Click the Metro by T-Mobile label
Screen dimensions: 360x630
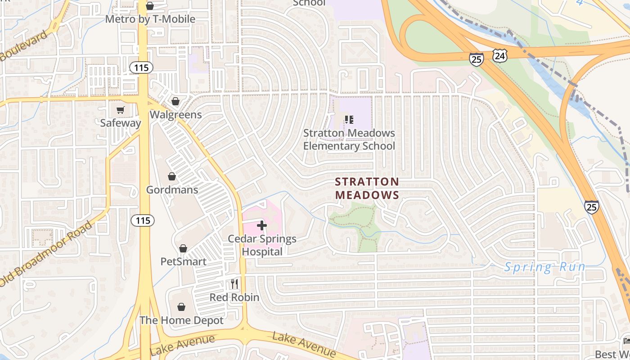tap(150, 19)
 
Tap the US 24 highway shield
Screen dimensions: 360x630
tap(500, 56)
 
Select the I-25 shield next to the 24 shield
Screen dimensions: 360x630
tap(476, 58)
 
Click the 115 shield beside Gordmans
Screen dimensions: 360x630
tap(143, 220)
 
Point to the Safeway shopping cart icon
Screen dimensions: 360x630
tap(120, 110)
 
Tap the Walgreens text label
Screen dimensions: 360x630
tap(175, 115)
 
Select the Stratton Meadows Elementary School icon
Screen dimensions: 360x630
tap(349, 120)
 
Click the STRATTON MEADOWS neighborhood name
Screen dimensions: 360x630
tap(367, 188)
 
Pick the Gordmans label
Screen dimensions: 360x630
tap(172, 189)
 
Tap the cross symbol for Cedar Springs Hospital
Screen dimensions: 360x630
tap(262, 225)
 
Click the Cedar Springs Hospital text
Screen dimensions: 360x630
tap(262, 245)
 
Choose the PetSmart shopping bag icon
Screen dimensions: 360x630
tap(183, 248)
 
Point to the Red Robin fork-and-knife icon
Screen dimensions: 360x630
tap(234, 284)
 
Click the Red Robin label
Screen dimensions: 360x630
tap(234, 297)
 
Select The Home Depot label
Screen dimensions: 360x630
tap(181, 320)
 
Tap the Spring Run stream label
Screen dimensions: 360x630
tap(544, 267)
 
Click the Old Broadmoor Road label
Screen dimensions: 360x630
tap(47, 253)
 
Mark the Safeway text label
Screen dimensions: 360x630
tap(120, 123)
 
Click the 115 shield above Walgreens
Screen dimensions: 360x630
tap(141, 67)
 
